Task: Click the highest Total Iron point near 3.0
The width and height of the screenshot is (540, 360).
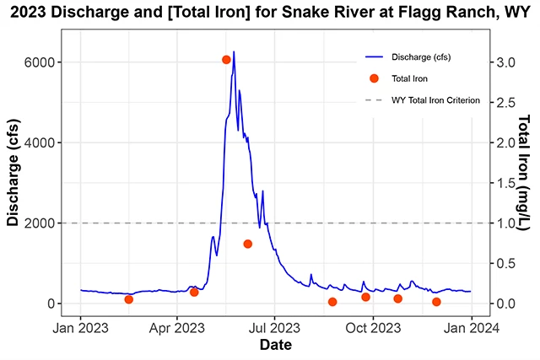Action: [x=226, y=60]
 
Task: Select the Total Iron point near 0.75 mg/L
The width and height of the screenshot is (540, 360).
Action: [x=248, y=244]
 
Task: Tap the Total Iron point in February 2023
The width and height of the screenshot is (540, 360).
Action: [x=128, y=299]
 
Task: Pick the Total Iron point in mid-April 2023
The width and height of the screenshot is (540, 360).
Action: [x=194, y=292]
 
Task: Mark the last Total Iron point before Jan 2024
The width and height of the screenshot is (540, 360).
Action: [x=436, y=302]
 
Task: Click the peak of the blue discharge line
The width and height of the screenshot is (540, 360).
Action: [x=234, y=52]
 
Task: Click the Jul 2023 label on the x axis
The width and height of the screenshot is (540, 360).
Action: [x=274, y=326]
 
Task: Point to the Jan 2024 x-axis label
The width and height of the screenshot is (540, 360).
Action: [x=470, y=326]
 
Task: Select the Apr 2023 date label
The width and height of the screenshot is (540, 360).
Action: [x=177, y=326]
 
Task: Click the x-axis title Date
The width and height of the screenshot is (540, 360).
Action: [x=276, y=345]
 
